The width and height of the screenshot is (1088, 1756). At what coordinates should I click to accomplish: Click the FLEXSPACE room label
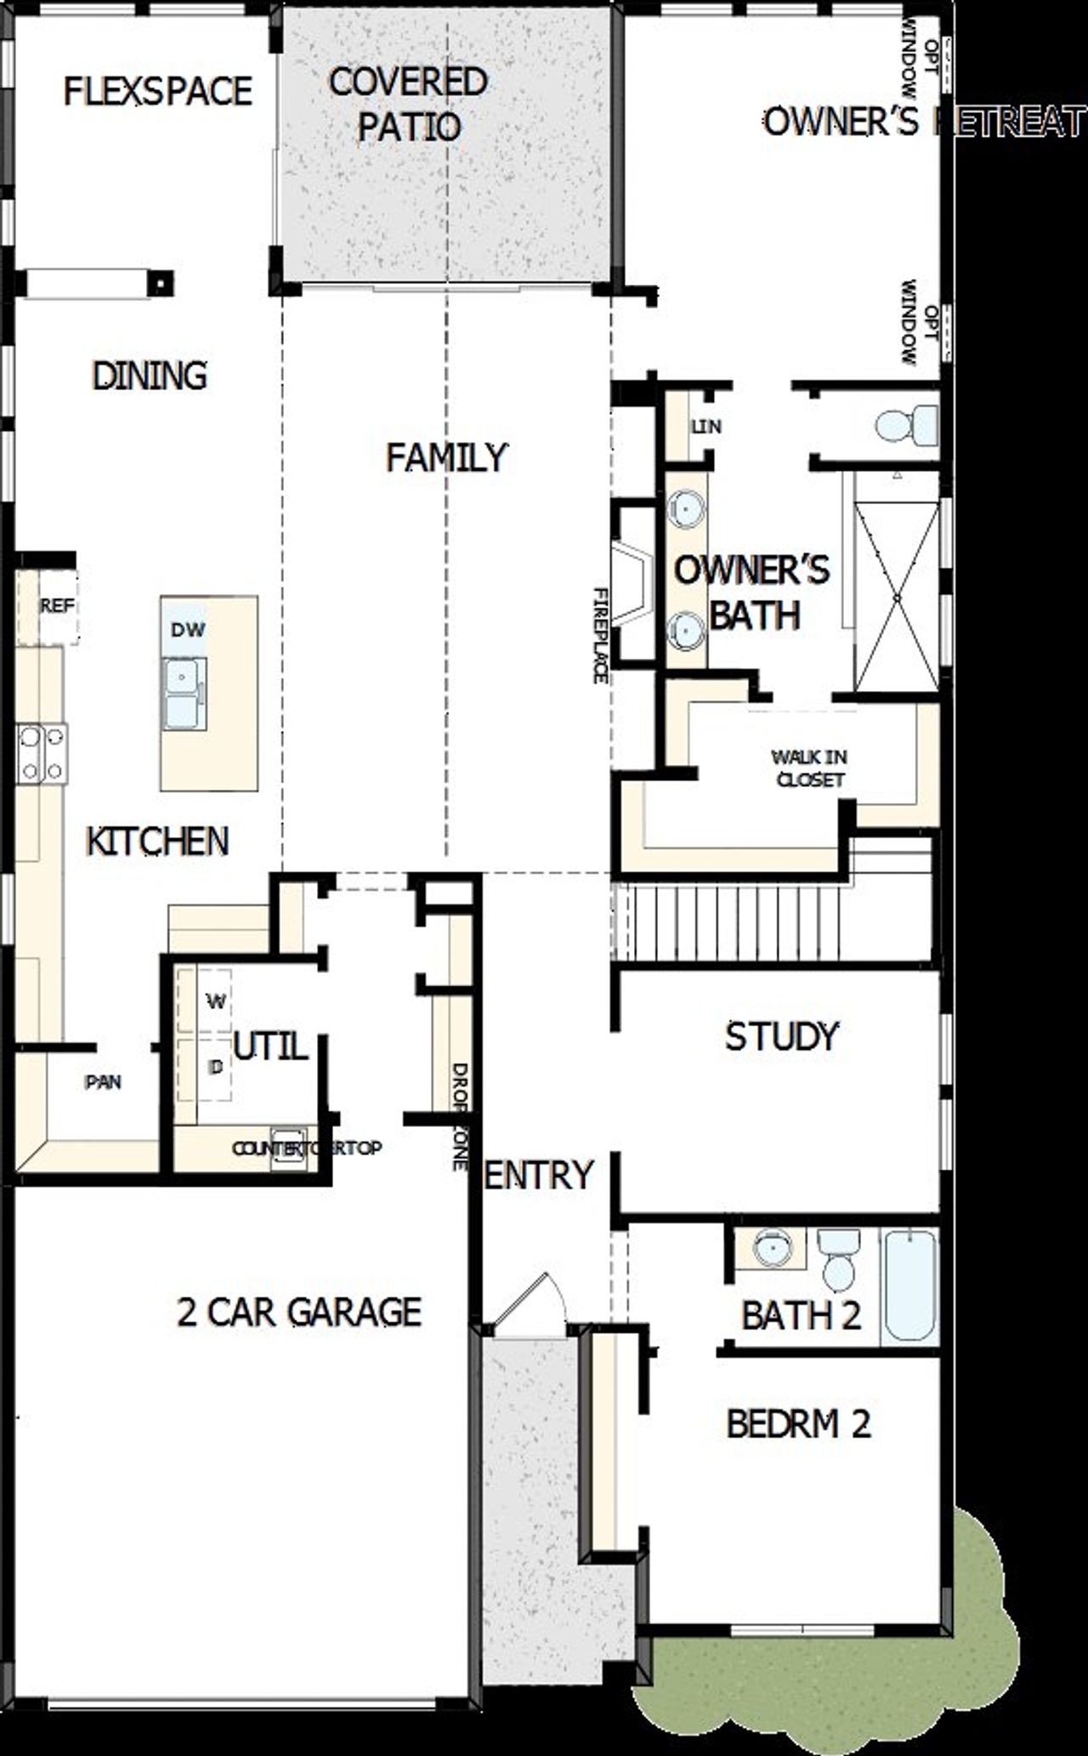click(158, 91)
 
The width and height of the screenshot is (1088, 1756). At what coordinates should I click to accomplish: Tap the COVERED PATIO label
click(409, 105)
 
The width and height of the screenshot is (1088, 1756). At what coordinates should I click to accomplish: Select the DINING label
click(150, 376)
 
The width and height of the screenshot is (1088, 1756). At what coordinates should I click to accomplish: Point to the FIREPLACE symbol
click(632, 585)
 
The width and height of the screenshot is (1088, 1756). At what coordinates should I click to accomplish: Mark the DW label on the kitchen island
click(188, 630)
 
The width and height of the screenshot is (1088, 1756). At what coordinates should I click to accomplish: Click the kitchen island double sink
click(184, 693)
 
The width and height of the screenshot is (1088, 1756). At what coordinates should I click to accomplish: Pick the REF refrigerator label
click(57, 606)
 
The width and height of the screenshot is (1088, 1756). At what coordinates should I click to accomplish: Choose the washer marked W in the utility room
click(216, 1001)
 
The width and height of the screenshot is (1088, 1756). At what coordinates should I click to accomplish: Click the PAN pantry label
click(103, 1082)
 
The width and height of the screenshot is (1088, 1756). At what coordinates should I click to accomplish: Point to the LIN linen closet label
click(705, 427)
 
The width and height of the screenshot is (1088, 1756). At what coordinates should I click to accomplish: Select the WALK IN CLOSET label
click(809, 768)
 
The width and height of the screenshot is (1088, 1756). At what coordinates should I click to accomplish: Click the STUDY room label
click(781, 1036)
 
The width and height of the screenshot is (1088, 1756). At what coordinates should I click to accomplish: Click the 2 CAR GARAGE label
click(299, 1312)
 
